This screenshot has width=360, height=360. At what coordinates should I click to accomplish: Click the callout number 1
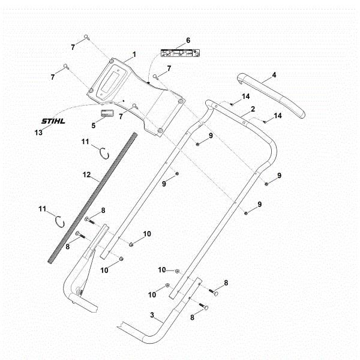coord(134,54)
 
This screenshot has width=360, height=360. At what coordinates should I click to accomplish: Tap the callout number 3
coord(152,314)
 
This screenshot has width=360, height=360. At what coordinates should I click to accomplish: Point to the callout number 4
coord(274,75)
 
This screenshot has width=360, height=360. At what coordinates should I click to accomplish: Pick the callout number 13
coord(39,132)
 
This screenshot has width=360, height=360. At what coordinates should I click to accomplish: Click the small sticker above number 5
coord(106,114)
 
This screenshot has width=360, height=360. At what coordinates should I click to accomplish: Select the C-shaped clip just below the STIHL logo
coord(104,153)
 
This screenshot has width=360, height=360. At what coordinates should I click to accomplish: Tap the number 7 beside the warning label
coord(169,68)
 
